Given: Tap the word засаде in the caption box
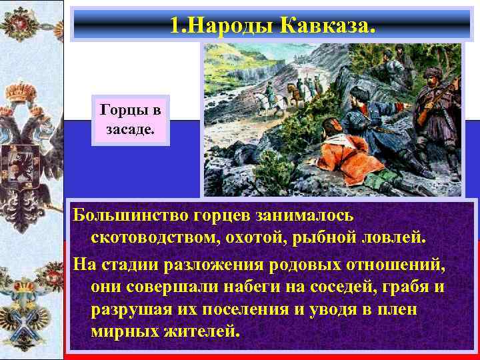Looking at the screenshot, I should [x=131, y=128].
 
